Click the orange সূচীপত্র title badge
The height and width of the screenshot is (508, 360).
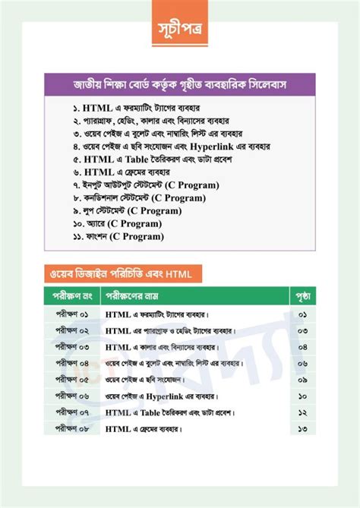[x=179, y=32]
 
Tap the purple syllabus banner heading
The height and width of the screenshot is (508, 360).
[x=179, y=83]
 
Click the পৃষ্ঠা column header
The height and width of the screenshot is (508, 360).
[x=302, y=295]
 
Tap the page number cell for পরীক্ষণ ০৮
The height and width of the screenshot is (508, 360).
[x=302, y=429]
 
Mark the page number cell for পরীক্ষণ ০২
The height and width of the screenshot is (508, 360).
[x=302, y=330]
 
